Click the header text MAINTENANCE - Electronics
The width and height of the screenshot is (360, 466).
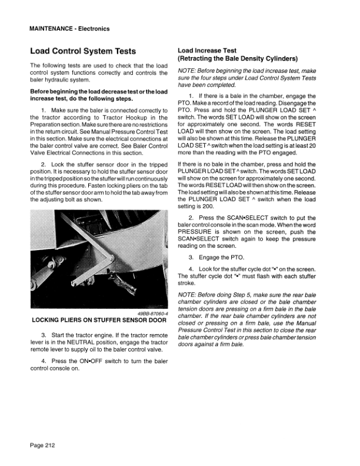69,29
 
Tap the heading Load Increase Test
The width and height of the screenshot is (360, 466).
207,51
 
